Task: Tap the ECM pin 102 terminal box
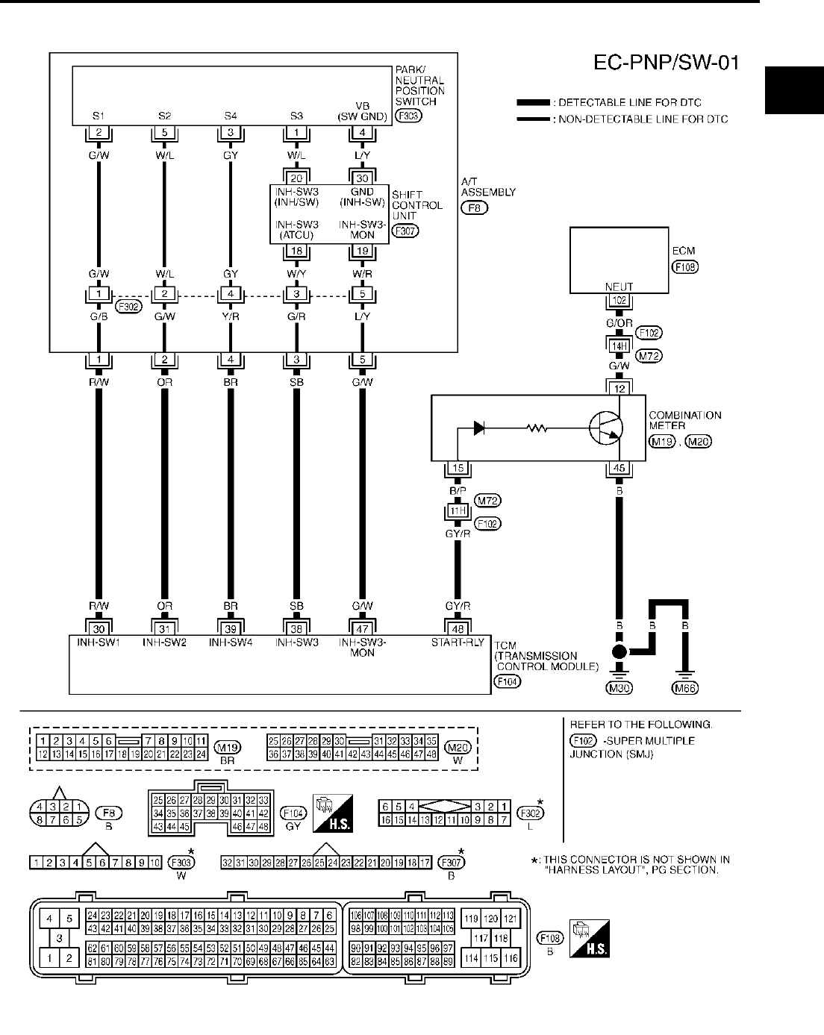(x=619, y=301)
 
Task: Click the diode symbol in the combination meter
(x=479, y=428)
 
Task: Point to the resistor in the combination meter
(x=537, y=428)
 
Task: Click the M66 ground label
(x=685, y=688)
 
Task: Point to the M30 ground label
(x=619, y=688)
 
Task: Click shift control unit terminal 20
(x=297, y=178)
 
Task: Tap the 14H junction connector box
(x=619, y=345)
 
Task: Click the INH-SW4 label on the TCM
(x=231, y=641)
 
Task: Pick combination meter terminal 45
(x=619, y=469)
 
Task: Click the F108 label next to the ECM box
(x=685, y=266)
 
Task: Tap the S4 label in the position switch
(x=231, y=116)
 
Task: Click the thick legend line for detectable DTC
(x=534, y=102)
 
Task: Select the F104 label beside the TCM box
(x=508, y=681)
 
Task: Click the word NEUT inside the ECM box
(x=619, y=287)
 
